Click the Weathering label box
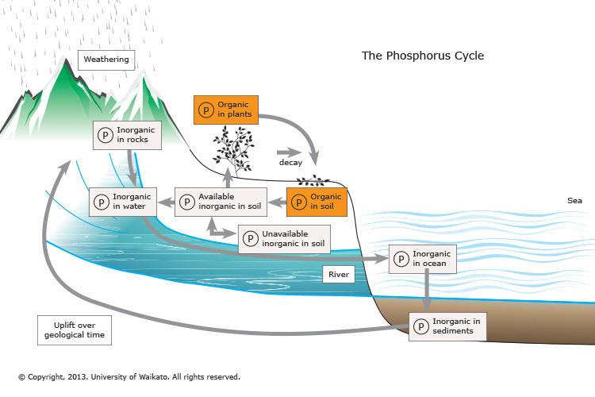point(106,60)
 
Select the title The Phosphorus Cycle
point(422,56)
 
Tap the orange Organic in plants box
point(226,109)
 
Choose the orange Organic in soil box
point(317,201)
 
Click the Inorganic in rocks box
point(127,134)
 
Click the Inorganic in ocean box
point(423,259)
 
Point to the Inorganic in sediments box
point(447,326)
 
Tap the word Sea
point(574,201)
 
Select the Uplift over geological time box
point(72,330)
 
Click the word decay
point(290,163)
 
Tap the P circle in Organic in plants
point(205,110)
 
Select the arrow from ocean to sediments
point(428,291)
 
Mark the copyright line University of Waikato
point(129,377)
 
